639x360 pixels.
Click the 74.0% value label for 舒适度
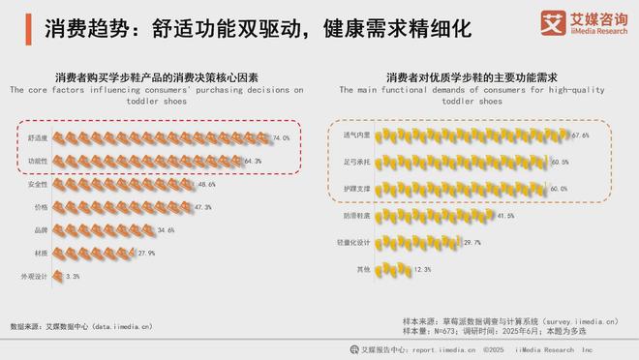[x=282, y=138]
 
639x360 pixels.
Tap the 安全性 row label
[x=39, y=184]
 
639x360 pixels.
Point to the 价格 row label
[x=42, y=207]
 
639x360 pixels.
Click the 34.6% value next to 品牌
[x=164, y=230]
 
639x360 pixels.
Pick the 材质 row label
[x=42, y=254]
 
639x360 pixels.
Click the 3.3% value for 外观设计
[x=73, y=277]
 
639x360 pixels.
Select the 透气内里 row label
[x=356, y=135]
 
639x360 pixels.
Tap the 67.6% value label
[x=581, y=135]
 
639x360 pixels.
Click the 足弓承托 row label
[x=356, y=163]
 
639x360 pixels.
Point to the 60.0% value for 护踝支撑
[x=559, y=190]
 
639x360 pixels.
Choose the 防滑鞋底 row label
[x=356, y=216]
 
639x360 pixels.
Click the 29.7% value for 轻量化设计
[x=472, y=242]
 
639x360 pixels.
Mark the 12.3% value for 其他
[x=422, y=269]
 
